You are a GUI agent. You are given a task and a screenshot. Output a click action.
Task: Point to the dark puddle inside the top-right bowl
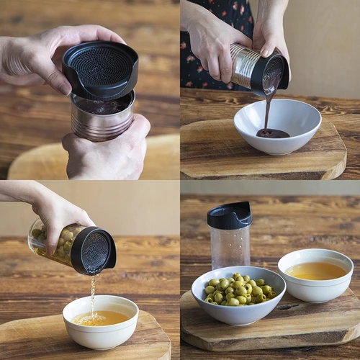(273, 133)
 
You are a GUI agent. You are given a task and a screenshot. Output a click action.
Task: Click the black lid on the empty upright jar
(230, 215)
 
